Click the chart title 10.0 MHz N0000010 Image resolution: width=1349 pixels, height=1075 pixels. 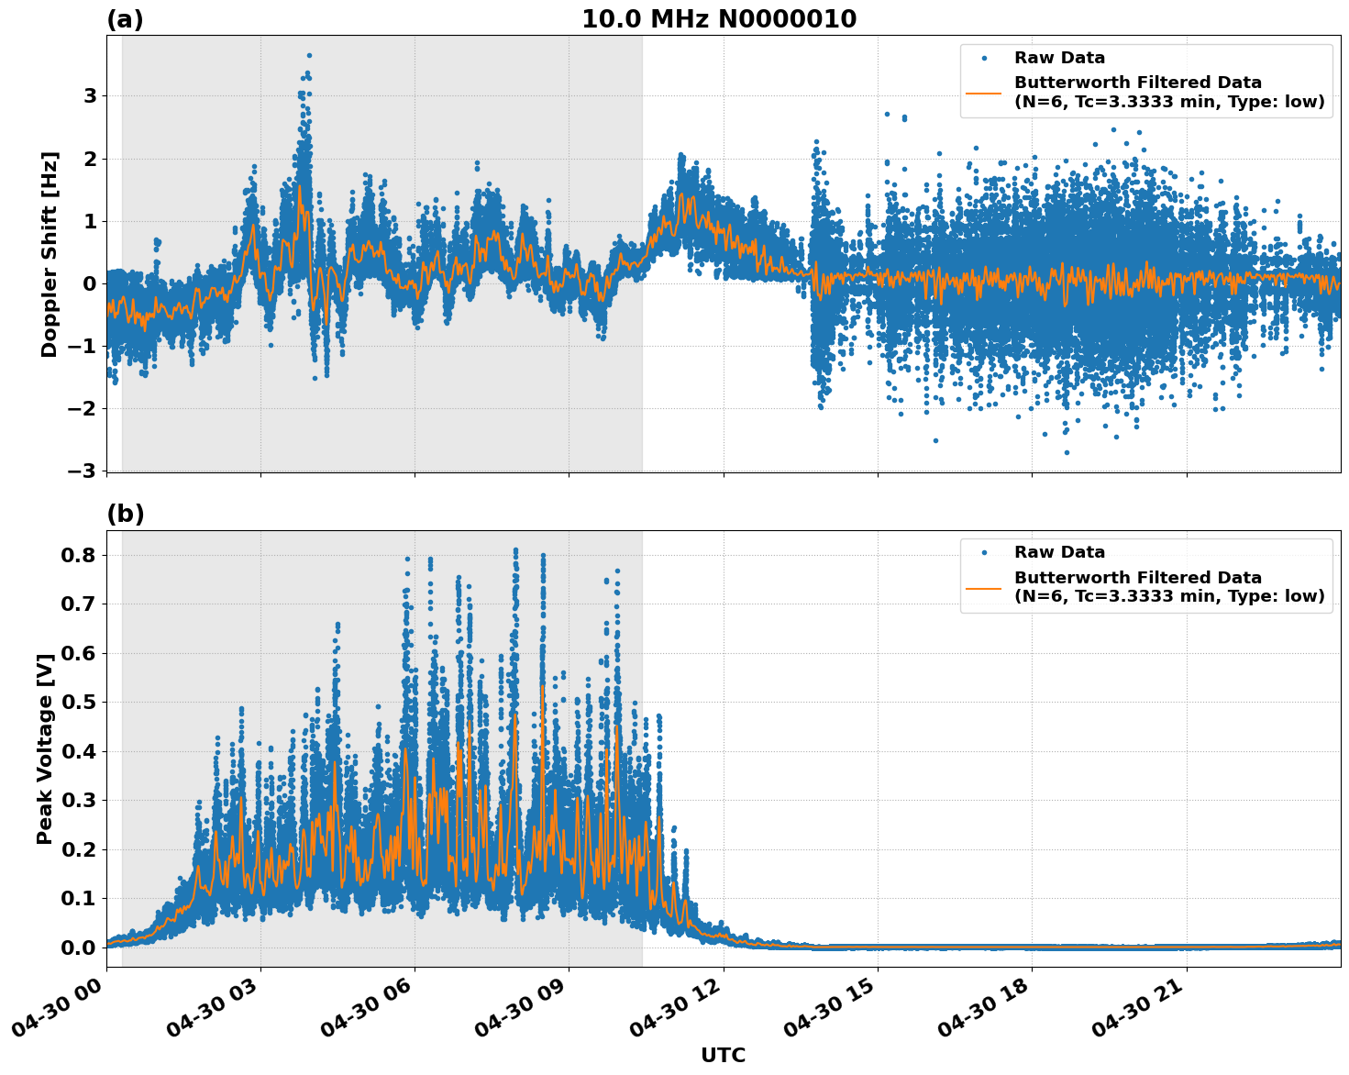pos(719,19)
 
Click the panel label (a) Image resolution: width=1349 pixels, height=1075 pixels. pos(125,19)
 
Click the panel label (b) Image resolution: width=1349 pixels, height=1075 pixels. pos(125,515)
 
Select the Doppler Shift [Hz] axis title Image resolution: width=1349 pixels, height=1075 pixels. pos(50,254)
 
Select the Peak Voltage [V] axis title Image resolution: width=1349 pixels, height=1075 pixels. pos(45,748)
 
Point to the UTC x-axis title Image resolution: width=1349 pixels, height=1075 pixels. pos(723,1055)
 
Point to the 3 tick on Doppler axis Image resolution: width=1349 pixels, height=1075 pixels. pos(90,96)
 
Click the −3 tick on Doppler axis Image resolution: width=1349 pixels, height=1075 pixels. pos(83,471)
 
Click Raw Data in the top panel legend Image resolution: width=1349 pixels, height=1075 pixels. pos(1059,58)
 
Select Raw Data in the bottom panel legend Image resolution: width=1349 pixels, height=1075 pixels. pos(1059,552)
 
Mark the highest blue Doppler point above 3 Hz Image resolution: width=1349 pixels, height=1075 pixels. pos(309,56)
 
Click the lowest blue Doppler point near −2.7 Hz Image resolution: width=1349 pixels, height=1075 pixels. pos(1067,452)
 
